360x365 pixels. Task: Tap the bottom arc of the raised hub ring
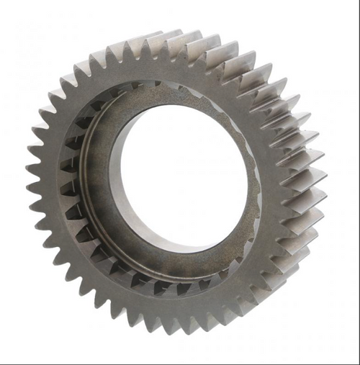180,270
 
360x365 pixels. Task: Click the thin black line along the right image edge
358,180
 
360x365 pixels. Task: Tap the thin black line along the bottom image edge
180,363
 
